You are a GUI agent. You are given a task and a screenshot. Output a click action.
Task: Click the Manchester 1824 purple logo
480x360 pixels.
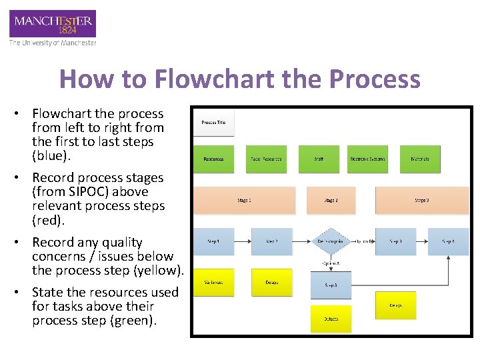(x=52, y=24)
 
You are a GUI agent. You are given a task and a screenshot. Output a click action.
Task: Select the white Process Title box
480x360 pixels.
(x=213, y=123)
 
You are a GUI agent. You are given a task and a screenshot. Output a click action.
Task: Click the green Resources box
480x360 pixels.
(x=213, y=159)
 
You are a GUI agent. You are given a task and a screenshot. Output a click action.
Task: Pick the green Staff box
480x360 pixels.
(x=319, y=159)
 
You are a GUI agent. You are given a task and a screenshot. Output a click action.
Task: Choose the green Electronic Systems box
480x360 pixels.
(x=367, y=159)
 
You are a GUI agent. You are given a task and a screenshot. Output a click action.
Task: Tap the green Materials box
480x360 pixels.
(x=420, y=159)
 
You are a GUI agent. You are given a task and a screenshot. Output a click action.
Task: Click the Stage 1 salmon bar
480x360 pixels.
(x=244, y=200)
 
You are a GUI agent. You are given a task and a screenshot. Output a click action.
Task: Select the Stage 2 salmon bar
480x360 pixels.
(x=331, y=200)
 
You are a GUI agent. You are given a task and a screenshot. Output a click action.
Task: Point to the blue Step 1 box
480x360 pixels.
(x=213, y=241)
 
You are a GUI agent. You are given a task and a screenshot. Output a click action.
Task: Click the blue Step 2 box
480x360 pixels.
(x=271, y=241)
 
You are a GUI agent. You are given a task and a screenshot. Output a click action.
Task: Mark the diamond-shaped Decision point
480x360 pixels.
(x=331, y=241)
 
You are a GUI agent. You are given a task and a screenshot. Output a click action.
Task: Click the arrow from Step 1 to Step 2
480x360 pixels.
(x=243, y=241)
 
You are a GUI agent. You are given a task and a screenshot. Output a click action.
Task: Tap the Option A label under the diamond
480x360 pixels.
(x=331, y=263)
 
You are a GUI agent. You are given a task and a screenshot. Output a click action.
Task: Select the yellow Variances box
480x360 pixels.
(x=213, y=283)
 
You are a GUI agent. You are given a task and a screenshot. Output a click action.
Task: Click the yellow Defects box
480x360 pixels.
(x=331, y=319)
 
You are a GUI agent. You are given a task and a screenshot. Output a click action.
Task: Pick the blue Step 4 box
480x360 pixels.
(x=449, y=241)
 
